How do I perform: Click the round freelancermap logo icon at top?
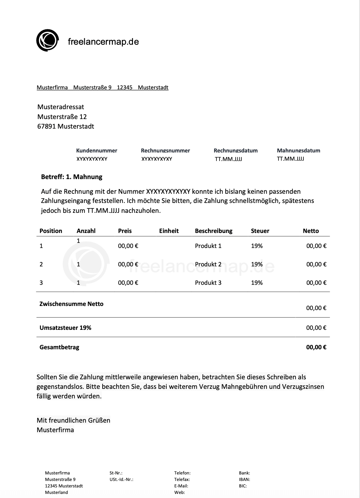pos(47,41)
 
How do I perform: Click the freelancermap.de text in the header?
pos(103,42)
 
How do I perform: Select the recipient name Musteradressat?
pos(61,107)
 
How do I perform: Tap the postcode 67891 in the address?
pos(46,126)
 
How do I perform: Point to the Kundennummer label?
pos(96,150)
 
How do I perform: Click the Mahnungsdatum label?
pos(298,150)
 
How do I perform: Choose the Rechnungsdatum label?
pos(236,150)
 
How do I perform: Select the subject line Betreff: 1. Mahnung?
pos(72,177)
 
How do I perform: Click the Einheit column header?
pos(169,231)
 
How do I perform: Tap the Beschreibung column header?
pos(213,231)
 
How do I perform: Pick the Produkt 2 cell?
pos(208,264)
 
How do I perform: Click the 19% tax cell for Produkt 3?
pos(257,283)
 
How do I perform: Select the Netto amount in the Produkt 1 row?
pos(316,246)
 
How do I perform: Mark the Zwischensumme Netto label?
pos(71,304)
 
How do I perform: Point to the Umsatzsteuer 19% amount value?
pos(316,328)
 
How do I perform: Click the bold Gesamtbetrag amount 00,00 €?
pos(316,347)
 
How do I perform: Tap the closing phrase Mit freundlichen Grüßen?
pos(73,420)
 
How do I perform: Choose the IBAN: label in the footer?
pos(244,479)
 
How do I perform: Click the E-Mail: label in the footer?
pos(181,486)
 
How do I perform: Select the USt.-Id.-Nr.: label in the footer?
pos(121,479)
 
